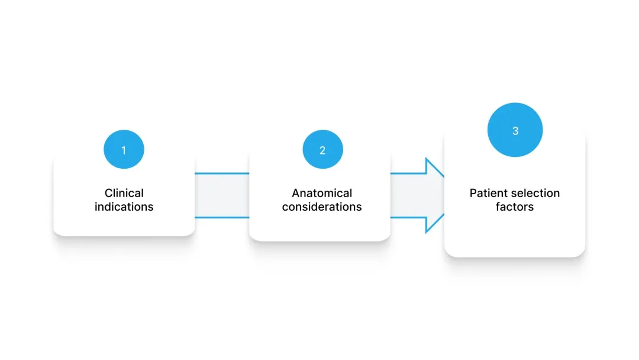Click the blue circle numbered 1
pos(124,149)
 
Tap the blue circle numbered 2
pos(323,149)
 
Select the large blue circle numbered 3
pos(515,130)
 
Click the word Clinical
pos(124,193)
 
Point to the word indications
pos(124,207)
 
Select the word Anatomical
pos(322,193)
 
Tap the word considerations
pos(322,207)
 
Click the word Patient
pos(488,193)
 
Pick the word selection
pos(535,193)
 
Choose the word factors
pos(515,207)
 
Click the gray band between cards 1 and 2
pos(222,195)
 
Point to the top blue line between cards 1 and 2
pos(222,173)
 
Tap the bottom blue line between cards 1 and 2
pos(222,217)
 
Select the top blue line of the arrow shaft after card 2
pos(408,173)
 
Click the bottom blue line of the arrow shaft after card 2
pos(408,217)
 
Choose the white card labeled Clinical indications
pos(124,192)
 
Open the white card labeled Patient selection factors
pos(515,192)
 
